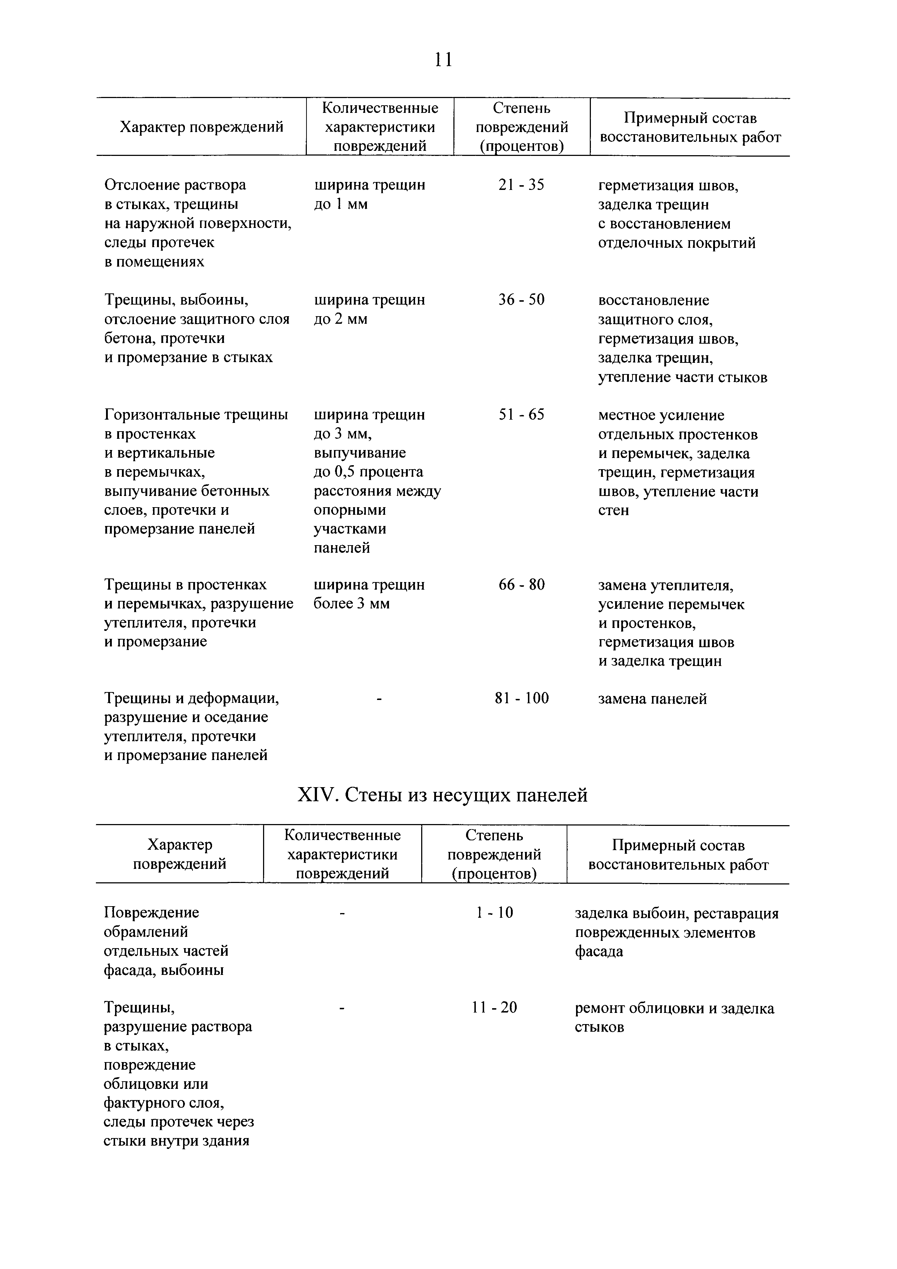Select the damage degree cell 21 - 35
pos(521,185)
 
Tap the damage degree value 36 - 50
pos(521,300)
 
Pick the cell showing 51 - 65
pos(521,415)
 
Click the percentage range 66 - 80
pos(521,584)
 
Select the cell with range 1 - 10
pos(494,913)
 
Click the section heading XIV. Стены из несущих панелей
pos(442,795)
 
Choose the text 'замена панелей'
pos(652,699)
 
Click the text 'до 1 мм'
pos(340,204)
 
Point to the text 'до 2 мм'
pos(340,319)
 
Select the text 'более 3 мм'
pos(351,603)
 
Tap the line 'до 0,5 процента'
pos(368,472)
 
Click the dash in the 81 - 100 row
pos(379,699)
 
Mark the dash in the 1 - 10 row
pos(343,913)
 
